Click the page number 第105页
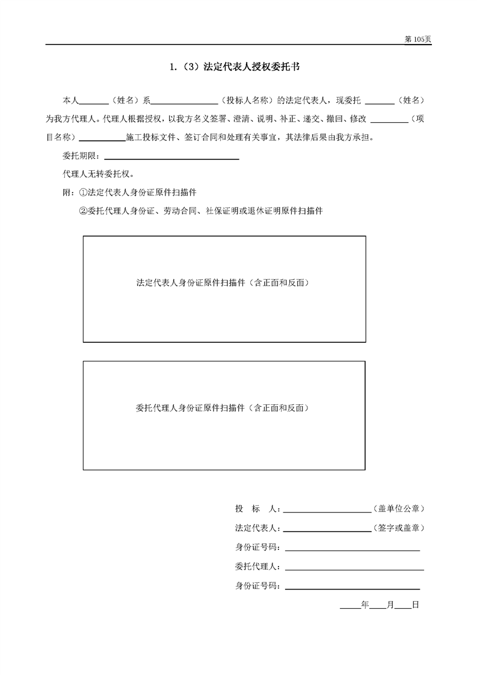coord(418,39)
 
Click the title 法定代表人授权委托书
coord(253,67)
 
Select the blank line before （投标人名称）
coord(186,103)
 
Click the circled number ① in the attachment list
coord(83,193)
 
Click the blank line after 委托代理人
coord(355,569)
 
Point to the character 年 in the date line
coord(365,605)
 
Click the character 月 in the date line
coord(390,605)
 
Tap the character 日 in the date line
coord(415,605)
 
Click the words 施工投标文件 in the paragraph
coord(148,137)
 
